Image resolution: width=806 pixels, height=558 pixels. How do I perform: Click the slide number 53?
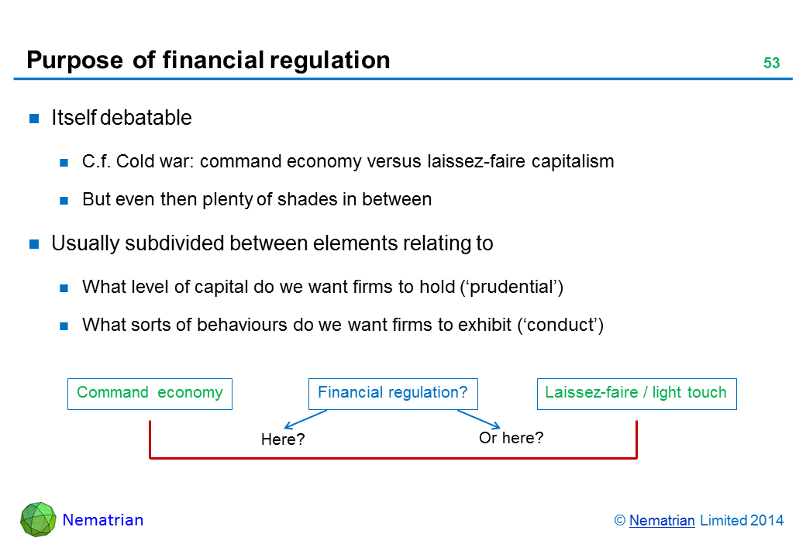771,63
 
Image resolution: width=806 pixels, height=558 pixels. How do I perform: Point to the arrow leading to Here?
305,419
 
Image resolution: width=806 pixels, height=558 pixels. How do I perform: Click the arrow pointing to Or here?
479,419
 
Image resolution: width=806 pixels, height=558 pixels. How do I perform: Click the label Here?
283,439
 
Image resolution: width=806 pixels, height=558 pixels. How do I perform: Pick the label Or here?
511,438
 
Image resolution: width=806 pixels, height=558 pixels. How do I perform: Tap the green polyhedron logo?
38,519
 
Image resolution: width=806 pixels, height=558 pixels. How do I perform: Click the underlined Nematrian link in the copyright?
662,521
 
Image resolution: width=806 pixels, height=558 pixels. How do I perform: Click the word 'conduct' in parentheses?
560,325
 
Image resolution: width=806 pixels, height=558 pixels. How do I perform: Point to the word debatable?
146,118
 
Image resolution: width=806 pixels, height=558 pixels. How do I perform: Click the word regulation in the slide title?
330,60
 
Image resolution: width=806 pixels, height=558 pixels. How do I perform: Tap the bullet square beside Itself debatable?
34,119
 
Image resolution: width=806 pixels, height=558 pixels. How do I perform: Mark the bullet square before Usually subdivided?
34,244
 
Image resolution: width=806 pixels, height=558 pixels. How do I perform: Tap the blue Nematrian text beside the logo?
103,520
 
